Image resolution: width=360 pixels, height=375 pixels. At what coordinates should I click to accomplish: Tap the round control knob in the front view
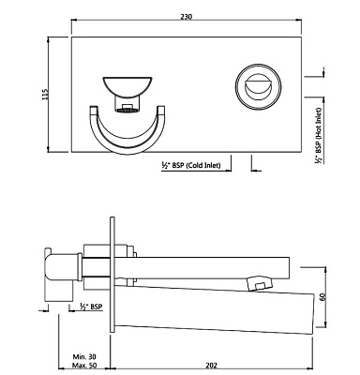tap(255, 88)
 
